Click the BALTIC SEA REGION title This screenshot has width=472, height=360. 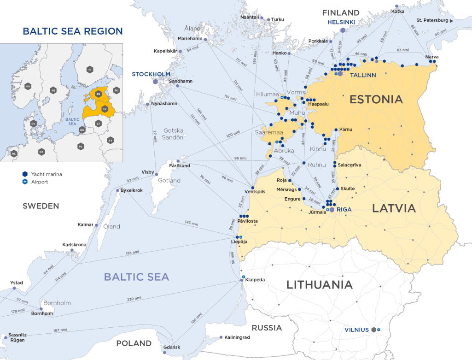click(73, 31)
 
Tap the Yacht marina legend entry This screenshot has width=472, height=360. click(46, 174)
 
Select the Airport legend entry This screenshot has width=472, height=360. click(39, 182)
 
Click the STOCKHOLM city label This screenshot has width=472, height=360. click(151, 74)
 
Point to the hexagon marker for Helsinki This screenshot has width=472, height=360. click(343, 30)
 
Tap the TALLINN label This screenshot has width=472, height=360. click(363, 75)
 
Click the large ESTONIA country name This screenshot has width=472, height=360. click(376, 99)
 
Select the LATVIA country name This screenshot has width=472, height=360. click(394, 208)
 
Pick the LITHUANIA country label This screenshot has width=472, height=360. click(320, 284)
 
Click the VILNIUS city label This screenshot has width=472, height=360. click(357, 330)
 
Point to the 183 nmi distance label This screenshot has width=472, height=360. click(132, 252)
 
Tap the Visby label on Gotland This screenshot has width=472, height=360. click(148, 172)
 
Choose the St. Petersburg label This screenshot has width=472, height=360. click(432, 21)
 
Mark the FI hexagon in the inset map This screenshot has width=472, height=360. click(90, 70)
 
